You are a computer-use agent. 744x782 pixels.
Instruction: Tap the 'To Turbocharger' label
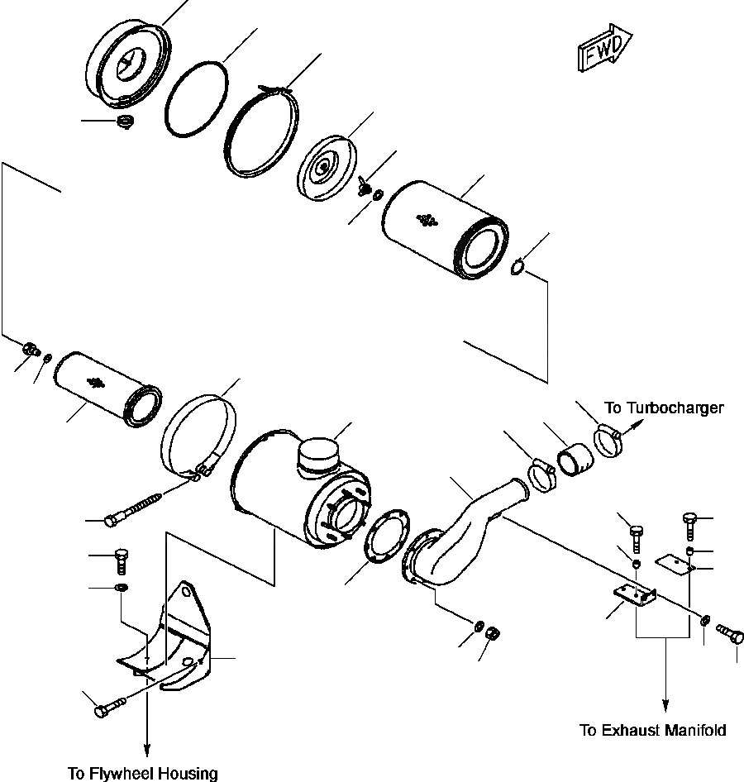664,408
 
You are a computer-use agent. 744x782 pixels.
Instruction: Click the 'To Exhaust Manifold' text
652,730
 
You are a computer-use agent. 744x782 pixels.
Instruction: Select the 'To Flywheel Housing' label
143,774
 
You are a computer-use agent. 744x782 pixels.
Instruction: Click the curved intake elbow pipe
463,537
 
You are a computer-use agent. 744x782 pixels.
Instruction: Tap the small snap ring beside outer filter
519,268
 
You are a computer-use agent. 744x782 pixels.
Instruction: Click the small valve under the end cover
126,124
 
